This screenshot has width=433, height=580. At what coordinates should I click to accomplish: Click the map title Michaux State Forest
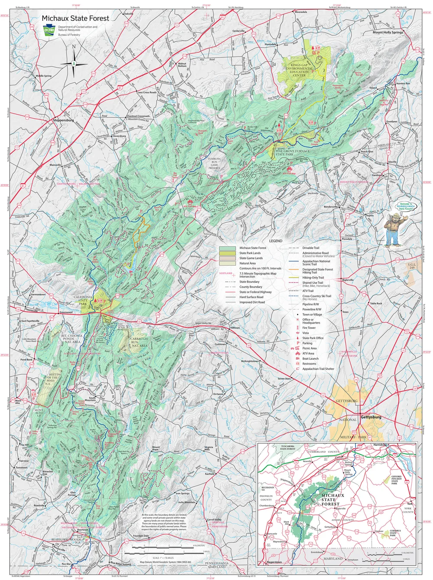pyautogui.click(x=75, y=18)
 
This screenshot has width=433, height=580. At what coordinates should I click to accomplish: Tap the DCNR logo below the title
pyautogui.click(x=49, y=31)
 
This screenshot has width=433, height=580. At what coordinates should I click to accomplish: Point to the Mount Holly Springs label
pyautogui.click(x=388, y=32)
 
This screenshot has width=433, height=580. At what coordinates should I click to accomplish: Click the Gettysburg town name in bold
pyautogui.click(x=371, y=417)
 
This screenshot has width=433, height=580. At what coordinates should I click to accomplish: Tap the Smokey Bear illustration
pyautogui.click(x=395, y=225)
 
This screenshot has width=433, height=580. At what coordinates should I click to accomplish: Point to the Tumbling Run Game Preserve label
pyautogui.click(x=214, y=163)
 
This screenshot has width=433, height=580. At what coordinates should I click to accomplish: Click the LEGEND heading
pyautogui.click(x=275, y=241)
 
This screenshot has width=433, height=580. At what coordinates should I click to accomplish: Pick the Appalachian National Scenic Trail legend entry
pyautogui.click(x=316, y=263)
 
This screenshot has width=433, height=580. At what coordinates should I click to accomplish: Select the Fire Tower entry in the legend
pyautogui.click(x=309, y=328)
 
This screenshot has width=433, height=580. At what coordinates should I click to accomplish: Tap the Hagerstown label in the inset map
pyautogui.click(x=274, y=562)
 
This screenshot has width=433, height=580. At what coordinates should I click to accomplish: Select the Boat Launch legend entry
pyautogui.click(x=310, y=359)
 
